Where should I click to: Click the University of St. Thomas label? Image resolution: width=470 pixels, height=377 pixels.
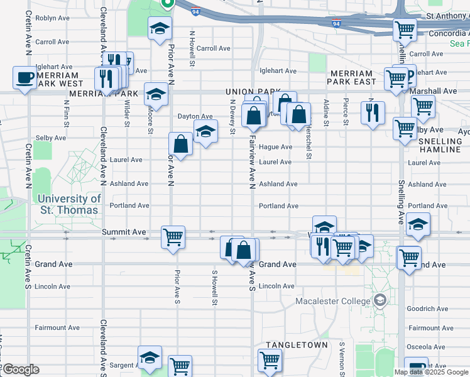click(x=70, y=204)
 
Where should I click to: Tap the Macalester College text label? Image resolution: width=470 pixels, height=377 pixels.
click(x=333, y=301)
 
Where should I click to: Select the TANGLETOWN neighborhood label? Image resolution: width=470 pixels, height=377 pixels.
click(x=297, y=345)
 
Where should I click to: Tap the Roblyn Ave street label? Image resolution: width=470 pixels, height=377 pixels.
click(x=52, y=18)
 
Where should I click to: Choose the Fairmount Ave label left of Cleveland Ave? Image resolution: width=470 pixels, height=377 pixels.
click(x=57, y=327)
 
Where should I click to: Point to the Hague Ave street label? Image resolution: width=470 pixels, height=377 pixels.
click(x=275, y=147)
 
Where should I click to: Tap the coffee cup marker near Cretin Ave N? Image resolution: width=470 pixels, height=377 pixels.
click(x=25, y=78)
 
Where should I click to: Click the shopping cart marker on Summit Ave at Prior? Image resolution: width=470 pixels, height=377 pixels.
click(x=173, y=237)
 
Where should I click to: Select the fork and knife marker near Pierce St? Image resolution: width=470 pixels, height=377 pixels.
click(x=373, y=112)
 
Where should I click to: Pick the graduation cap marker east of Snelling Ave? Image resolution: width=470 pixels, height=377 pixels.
click(x=418, y=225)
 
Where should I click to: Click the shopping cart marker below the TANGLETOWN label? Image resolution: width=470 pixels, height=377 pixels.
click(x=270, y=360)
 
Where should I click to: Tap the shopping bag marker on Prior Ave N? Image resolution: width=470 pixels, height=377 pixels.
click(x=180, y=144)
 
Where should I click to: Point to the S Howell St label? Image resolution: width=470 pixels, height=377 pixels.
click(x=214, y=288)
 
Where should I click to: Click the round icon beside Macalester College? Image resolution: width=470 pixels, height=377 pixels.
click(x=379, y=301)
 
